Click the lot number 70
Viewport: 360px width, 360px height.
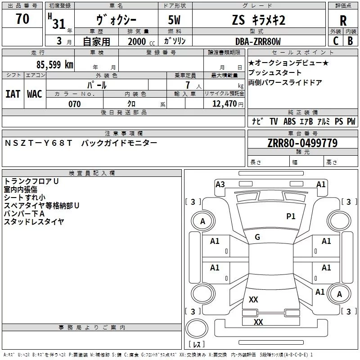(x=22, y=19)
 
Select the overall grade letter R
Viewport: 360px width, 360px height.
(x=343, y=21)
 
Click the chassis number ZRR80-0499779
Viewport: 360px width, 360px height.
(x=303, y=143)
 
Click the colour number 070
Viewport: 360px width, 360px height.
(x=75, y=104)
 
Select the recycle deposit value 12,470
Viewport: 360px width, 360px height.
(x=223, y=104)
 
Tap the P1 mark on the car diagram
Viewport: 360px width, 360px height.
(x=291, y=216)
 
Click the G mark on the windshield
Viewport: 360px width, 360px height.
(x=257, y=237)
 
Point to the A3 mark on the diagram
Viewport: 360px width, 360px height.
(x=220, y=184)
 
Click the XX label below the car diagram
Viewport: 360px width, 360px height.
(x=258, y=322)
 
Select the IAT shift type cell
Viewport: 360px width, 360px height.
(x=13, y=94)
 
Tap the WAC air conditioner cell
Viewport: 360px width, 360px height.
(x=35, y=94)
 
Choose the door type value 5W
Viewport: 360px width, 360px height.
(x=175, y=20)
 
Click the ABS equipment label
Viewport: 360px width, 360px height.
(x=289, y=121)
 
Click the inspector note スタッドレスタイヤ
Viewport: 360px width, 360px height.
(x=34, y=221)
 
